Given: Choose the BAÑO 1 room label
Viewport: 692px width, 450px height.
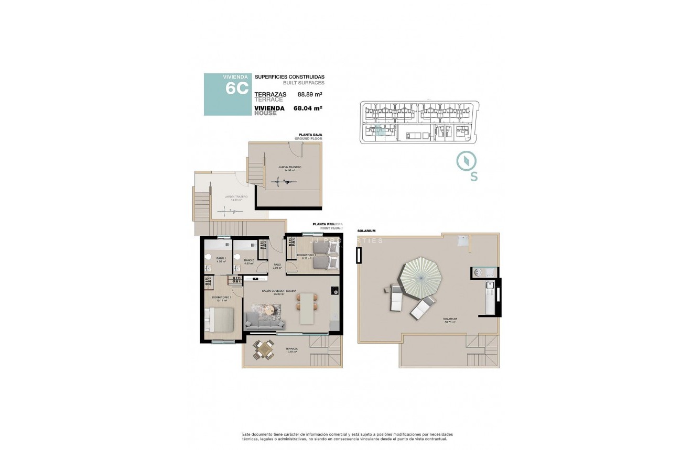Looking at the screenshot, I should pos(221,260).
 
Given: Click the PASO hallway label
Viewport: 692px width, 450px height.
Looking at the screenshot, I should pos(277,266).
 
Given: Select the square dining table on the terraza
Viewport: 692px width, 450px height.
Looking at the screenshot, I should pos(263,349).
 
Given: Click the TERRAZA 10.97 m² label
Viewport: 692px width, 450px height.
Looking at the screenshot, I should pos(291,350).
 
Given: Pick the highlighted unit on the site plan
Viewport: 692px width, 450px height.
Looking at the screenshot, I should pos(382,131).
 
